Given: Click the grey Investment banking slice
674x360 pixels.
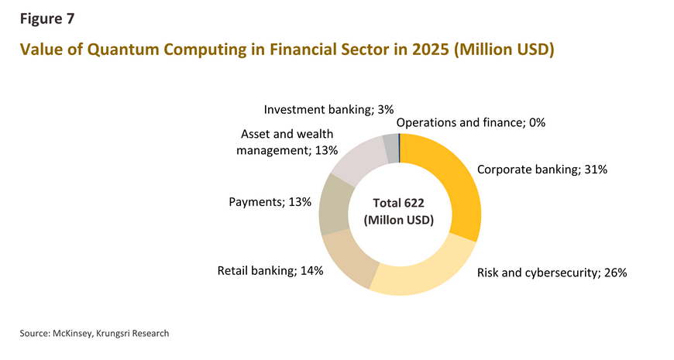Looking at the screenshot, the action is tap(390, 148).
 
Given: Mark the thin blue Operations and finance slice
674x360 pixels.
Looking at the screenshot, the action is tap(399, 148).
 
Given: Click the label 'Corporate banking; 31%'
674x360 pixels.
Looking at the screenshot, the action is tap(542, 170).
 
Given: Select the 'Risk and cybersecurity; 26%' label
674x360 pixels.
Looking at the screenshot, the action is tap(552, 273).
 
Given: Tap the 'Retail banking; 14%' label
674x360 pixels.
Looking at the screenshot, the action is tap(270, 271).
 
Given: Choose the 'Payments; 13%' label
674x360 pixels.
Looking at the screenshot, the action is tap(270, 202).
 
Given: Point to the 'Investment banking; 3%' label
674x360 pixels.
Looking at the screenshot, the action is tap(328, 110).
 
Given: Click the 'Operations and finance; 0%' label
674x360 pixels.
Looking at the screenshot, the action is tap(471, 123).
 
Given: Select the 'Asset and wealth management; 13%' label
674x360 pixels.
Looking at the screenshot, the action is tap(287, 142).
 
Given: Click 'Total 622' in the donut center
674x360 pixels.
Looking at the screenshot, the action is tap(398, 203).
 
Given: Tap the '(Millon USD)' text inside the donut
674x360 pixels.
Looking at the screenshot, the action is tap(398, 221).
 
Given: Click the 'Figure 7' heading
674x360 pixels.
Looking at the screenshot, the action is tap(46, 19).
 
